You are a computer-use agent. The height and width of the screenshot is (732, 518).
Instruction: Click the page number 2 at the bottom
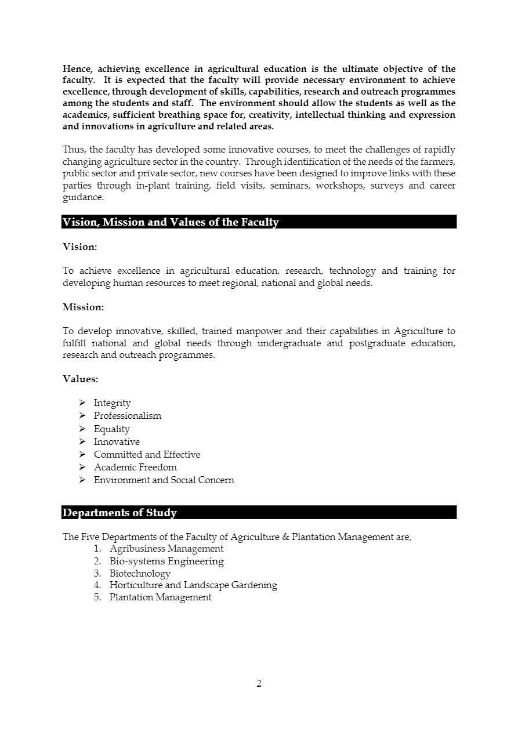(x=259, y=683)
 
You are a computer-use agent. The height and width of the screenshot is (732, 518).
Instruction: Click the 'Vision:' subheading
(x=79, y=247)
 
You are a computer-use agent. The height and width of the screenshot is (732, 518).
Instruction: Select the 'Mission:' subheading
(x=83, y=307)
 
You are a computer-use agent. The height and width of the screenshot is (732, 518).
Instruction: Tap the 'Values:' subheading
(x=80, y=379)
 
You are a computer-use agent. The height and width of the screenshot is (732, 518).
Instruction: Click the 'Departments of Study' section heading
(x=119, y=513)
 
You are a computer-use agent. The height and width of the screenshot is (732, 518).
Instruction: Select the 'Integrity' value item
(x=112, y=403)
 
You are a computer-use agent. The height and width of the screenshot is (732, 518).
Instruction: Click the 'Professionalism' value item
(x=128, y=416)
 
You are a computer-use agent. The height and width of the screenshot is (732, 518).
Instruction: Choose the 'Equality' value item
(x=111, y=429)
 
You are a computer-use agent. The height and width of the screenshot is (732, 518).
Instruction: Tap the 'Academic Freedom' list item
(x=135, y=468)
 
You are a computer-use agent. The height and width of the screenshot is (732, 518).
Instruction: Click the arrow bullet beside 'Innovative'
(x=82, y=442)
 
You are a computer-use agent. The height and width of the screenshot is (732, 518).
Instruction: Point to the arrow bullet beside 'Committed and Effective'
(x=82, y=455)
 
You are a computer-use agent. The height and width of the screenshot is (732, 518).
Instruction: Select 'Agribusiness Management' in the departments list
(x=166, y=549)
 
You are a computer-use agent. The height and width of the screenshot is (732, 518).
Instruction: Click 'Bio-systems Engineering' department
(x=166, y=561)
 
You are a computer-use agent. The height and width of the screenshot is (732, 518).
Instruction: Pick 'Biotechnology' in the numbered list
(x=140, y=574)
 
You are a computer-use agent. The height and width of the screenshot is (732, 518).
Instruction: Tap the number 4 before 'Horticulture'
(x=97, y=585)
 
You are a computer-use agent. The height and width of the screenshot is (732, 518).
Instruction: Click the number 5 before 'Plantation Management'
(x=97, y=597)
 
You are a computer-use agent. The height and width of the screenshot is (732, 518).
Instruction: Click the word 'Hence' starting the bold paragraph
(x=76, y=68)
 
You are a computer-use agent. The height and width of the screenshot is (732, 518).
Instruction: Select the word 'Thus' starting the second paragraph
(x=73, y=150)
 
